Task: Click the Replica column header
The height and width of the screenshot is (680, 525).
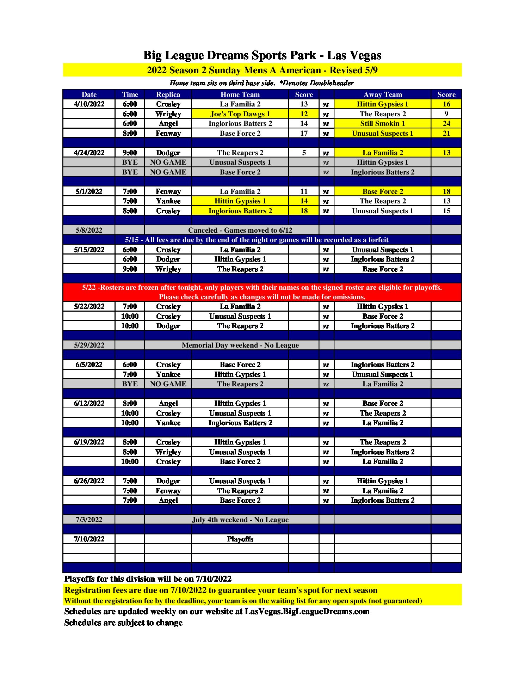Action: tap(168, 94)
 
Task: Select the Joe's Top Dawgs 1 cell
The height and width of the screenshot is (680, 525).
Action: tap(240, 114)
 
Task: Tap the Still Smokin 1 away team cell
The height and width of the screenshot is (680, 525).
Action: tap(382, 123)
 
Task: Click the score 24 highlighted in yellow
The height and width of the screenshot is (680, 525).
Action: tap(446, 123)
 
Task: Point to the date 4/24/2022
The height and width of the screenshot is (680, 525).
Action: tap(89, 153)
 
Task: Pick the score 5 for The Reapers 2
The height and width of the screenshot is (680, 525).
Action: tap(304, 153)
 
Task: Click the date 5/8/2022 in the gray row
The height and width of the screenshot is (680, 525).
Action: tap(89, 230)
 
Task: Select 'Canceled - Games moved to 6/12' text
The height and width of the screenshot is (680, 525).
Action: tap(240, 230)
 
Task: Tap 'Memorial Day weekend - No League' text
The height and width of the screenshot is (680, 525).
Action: tap(240, 345)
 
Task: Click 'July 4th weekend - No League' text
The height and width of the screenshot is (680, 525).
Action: tap(240, 520)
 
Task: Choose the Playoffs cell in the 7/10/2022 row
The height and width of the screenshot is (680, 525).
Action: tap(240, 539)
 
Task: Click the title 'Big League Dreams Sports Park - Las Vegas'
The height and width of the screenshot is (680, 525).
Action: tap(262, 55)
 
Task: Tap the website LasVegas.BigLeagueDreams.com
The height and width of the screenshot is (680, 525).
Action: tap(307, 612)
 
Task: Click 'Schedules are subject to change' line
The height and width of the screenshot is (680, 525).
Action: tap(123, 623)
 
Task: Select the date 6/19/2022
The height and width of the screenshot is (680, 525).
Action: tap(89, 442)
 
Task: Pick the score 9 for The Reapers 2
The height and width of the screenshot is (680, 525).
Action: tap(446, 114)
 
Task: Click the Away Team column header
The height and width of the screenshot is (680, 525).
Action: tap(382, 94)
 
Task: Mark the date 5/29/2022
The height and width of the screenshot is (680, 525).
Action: tap(89, 345)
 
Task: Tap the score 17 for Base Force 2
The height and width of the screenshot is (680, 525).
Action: tap(304, 133)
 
